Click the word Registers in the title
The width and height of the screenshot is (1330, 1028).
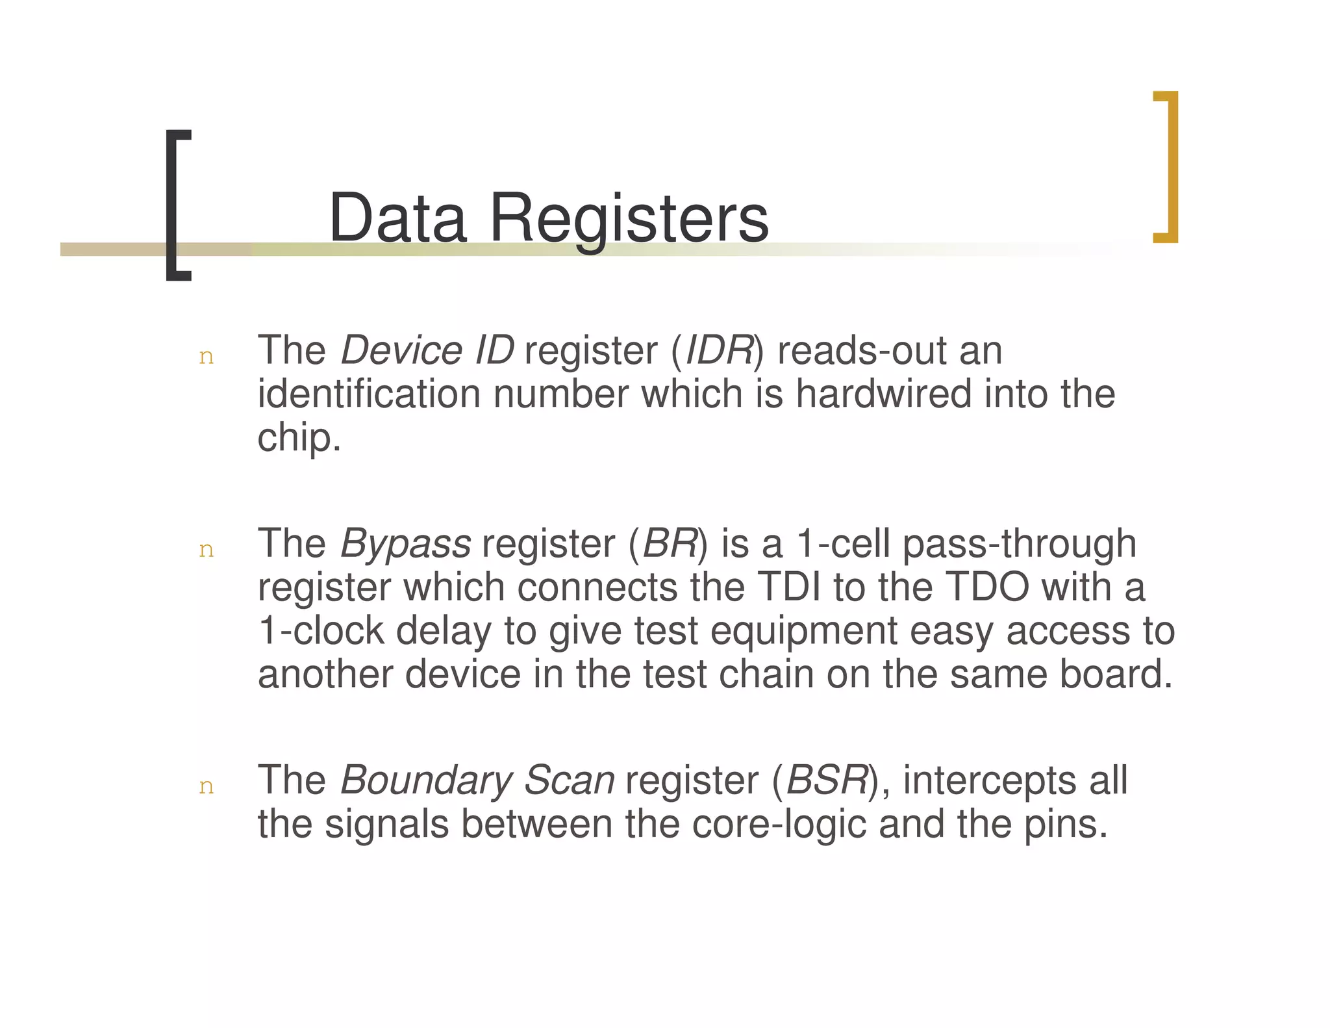pos(629,220)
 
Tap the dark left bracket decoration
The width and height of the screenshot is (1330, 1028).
pos(176,205)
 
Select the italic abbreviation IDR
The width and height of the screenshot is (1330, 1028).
pos(718,351)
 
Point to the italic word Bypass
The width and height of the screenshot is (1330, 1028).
pos(405,545)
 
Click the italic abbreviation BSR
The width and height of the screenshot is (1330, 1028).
pos(827,780)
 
